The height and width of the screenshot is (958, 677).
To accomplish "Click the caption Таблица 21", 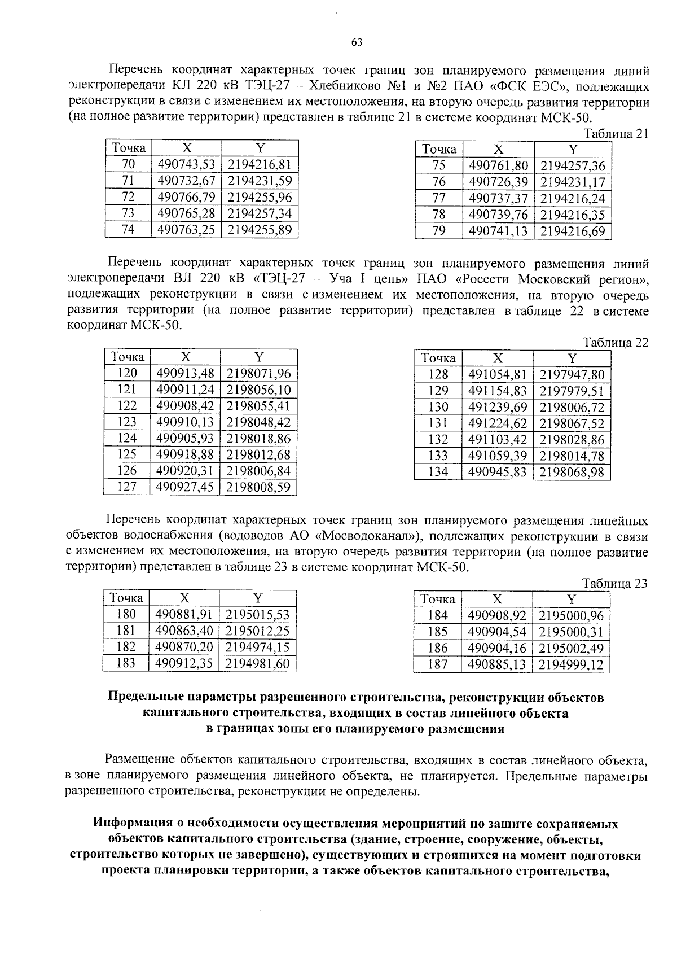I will tap(616, 134).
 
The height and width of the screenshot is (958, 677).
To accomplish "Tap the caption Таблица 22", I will tap(616, 342).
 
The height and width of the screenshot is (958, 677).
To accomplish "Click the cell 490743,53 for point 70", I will tap(187, 164).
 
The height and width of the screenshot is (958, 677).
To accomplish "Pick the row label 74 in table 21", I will tap(128, 229).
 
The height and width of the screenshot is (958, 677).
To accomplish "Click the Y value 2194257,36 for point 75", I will tap(573, 165).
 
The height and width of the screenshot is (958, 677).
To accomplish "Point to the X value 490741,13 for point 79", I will tap(498, 231).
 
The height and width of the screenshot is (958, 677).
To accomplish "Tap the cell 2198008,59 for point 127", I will tap(259, 487).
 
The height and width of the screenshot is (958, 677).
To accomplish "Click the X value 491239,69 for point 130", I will tap(497, 407).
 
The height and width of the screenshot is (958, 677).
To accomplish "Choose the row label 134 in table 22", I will tap(438, 472).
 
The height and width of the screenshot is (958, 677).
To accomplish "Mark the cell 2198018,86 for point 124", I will tap(259, 438).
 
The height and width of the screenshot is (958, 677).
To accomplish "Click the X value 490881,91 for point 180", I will tap(184, 615).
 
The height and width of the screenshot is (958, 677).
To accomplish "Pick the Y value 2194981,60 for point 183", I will tap(257, 664).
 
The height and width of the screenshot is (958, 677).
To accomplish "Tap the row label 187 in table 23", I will tap(438, 665).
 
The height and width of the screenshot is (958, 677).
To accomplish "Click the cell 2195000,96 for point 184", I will tap(572, 616).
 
